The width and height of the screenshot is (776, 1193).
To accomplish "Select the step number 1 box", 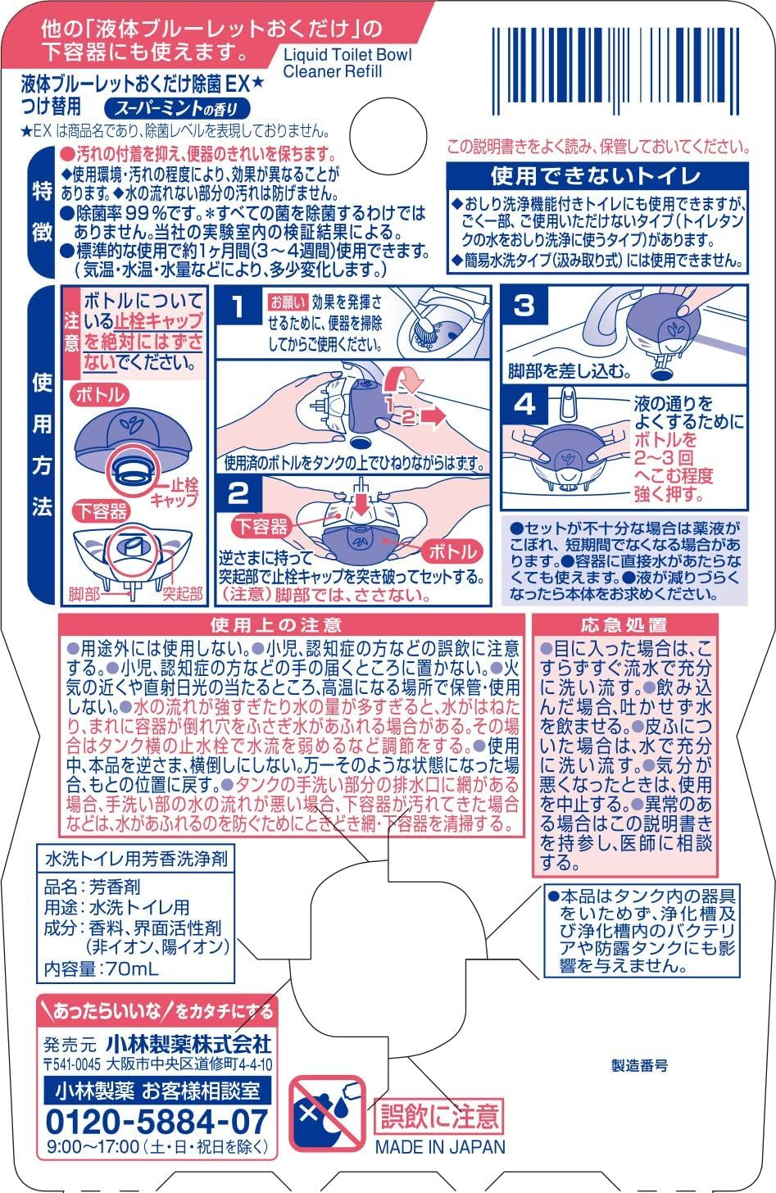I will point(238,307).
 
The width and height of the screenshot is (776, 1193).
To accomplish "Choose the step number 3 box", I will point(524,306).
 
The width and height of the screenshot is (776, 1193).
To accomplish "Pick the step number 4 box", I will point(524,404).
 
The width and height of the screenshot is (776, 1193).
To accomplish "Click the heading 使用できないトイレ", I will point(596,175).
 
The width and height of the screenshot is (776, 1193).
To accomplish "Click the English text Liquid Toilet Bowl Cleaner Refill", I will point(347,63).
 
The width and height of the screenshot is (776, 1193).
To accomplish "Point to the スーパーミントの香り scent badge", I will point(176,107).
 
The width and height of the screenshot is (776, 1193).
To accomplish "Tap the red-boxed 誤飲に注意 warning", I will point(438,1115).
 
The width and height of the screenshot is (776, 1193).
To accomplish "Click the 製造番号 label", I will point(639,1065).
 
